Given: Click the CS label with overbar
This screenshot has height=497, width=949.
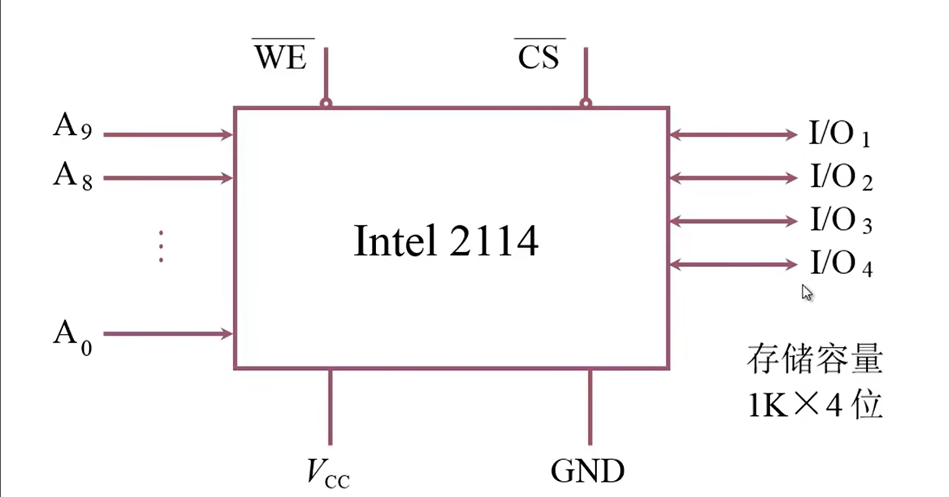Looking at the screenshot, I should (x=538, y=56).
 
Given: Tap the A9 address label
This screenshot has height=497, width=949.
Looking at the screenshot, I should (x=73, y=126).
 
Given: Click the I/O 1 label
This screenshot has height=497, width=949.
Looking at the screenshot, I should (x=839, y=134).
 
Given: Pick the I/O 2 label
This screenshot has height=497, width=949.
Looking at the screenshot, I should (x=841, y=177).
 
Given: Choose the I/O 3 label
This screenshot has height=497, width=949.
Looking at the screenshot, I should (x=841, y=220).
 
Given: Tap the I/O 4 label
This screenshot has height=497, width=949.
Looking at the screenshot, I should (x=841, y=264).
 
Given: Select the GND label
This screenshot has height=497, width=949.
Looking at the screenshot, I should (x=587, y=471).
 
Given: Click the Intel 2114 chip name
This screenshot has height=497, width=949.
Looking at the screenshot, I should (x=446, y=241).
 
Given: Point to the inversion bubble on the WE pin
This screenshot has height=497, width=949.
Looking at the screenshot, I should (x=326, y=103).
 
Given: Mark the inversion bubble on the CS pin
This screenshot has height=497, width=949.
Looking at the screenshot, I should (x=585, y=103).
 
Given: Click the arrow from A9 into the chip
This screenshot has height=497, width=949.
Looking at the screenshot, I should (x=168, y=135).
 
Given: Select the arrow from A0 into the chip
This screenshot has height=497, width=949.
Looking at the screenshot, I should (x=168, y=334).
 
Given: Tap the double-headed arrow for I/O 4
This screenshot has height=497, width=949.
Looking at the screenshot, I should (x=733, y=264).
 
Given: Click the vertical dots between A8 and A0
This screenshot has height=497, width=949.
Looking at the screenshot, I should (x=161, y=247).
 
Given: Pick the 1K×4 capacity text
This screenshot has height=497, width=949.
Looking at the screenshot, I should (x=815, y=405).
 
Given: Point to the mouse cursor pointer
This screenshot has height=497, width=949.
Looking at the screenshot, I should (x=807, y=293).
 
